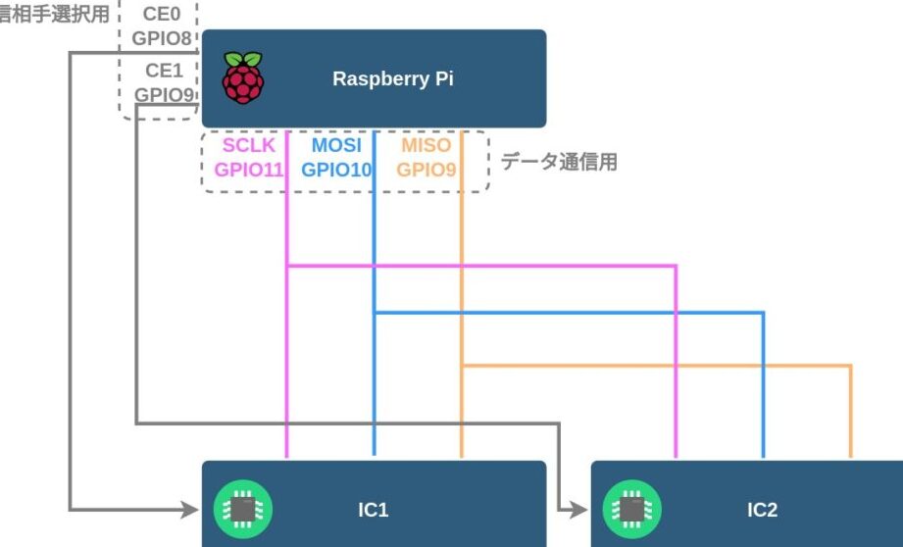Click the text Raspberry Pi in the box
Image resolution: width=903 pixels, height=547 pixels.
click(x=392, y=79)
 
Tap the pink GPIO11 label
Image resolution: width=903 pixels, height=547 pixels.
click(x=249, y=169)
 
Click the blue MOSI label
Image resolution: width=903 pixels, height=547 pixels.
click(x=336, y=146)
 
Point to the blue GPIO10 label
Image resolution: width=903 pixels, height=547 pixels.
click(x=336, y=169)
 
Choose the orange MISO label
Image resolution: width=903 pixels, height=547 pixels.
click(x=426, y=146)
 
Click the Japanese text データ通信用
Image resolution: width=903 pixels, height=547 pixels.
click(x=559, y=163)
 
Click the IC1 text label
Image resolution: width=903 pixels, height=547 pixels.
click(x=374, y=510)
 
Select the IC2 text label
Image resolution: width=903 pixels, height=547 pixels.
click(x=762, y=510)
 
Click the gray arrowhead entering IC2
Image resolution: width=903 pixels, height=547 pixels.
click(x=579, y=510)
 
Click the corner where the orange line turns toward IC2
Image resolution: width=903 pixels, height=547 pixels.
click(x=850, y=366)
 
